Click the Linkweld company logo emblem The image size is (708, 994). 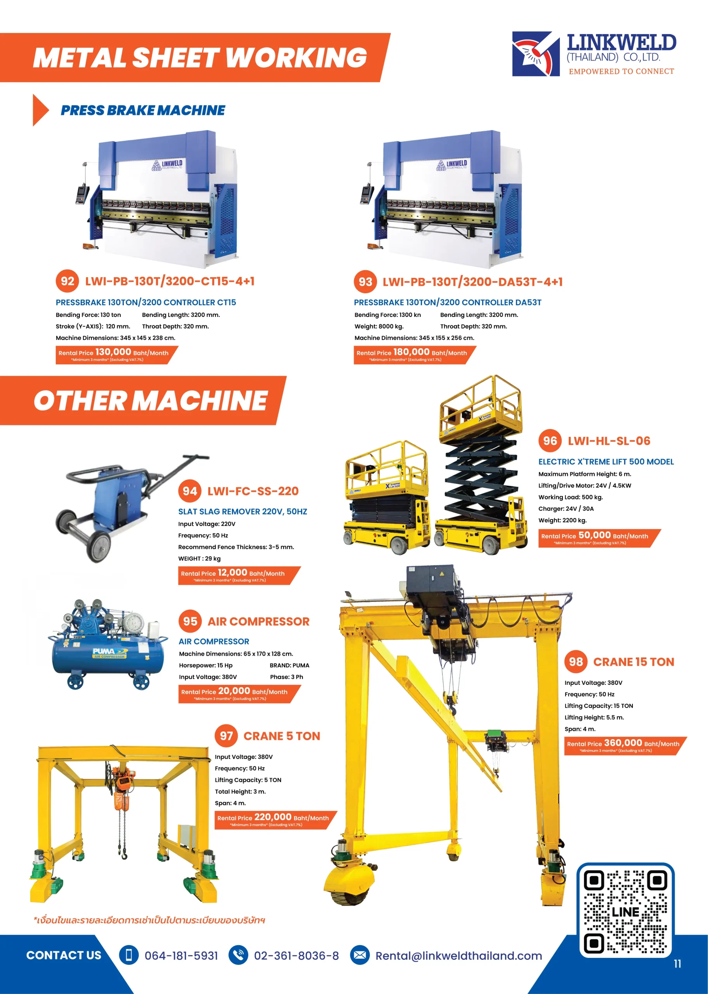tap(536, 54)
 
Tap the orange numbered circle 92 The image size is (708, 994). tap(67, 281)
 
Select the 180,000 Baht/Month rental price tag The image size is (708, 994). tap(415, 355)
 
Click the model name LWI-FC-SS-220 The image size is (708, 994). tap(253, 491)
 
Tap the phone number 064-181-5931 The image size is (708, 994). tap(181, 956)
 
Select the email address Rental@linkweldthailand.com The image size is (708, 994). tap(459, 956)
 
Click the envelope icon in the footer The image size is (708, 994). tap(360, 955)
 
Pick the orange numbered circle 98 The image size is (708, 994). tap(576, 662)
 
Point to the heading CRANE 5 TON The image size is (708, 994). tap(282, 736)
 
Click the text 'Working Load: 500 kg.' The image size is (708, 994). tap(570, 497)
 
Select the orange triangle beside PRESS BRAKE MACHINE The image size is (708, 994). tap(41, 110)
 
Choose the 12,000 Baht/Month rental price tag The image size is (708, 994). tap(239, 575)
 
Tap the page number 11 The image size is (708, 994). tap(677, 963)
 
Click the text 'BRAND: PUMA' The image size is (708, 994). tap(289, 666)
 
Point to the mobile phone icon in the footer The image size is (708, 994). tap(129, 955)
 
